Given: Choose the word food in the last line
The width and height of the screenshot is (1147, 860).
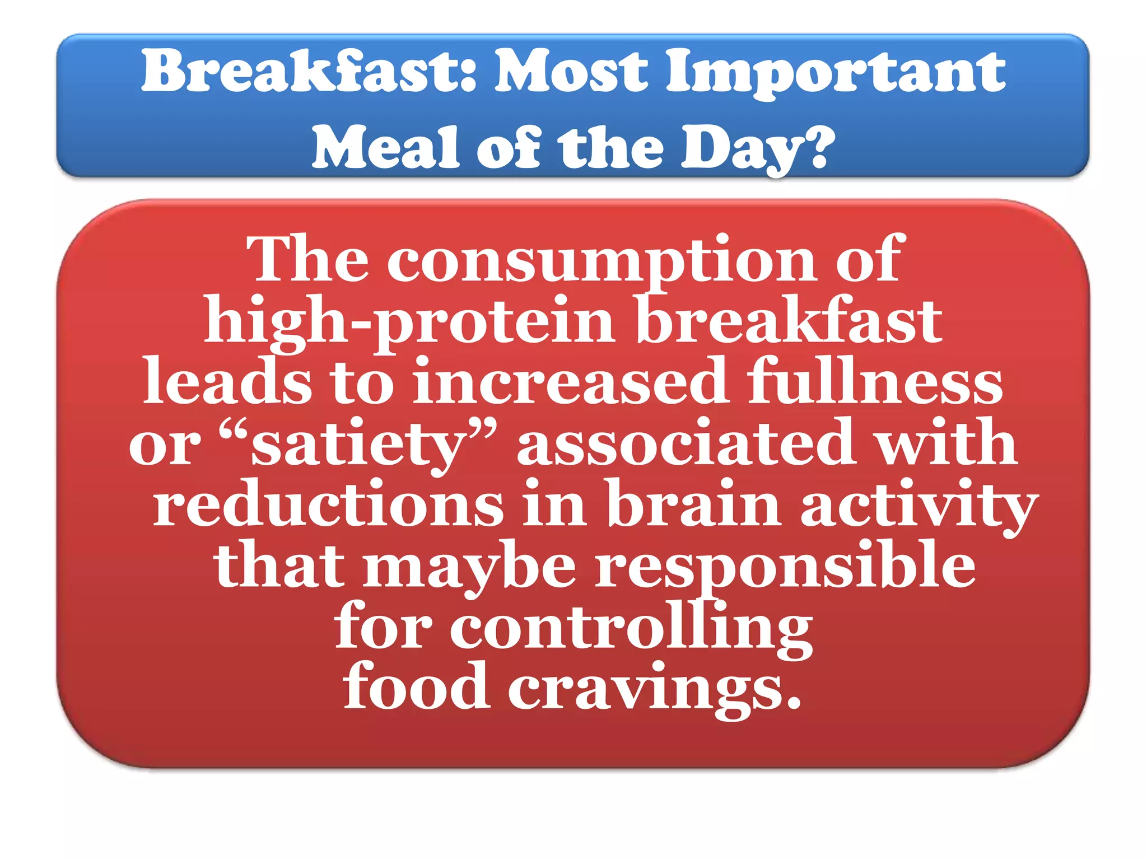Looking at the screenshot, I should point(415,688).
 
